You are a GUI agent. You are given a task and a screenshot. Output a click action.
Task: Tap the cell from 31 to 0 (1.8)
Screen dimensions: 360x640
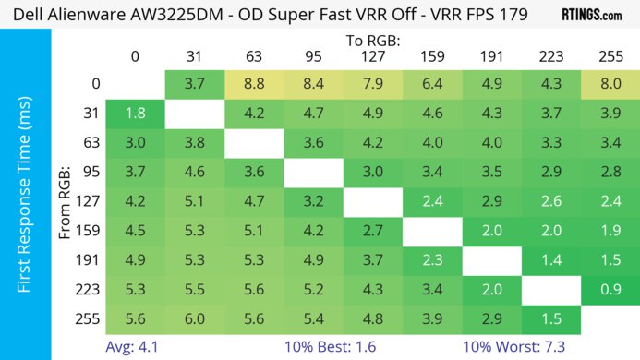tap(135, 114)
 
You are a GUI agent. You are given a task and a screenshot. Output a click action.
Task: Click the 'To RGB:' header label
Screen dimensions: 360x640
tap(373, 41)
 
